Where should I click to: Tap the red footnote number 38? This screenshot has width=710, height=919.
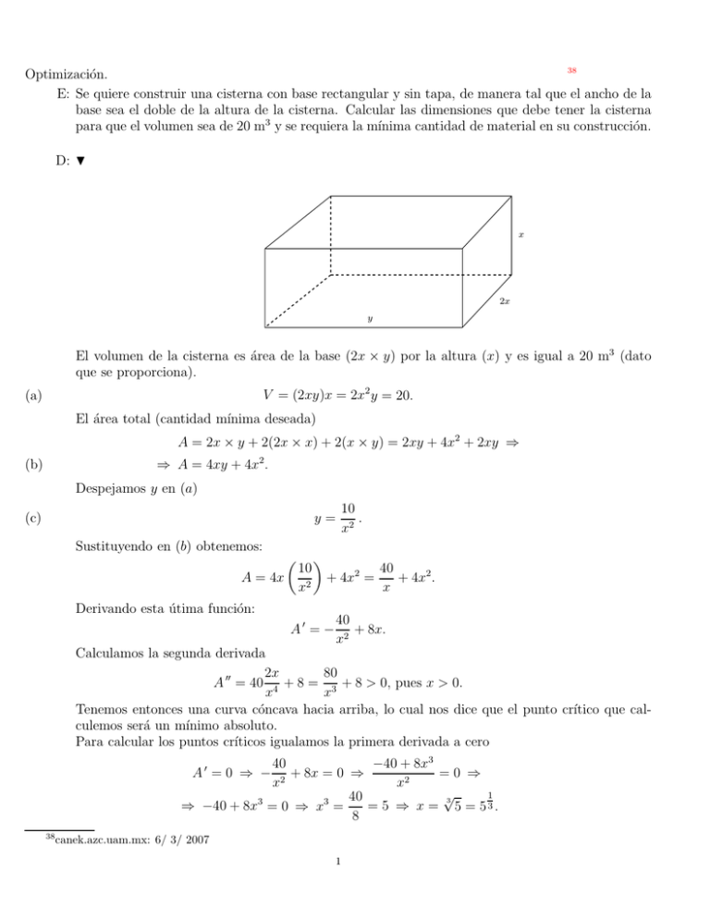(571, 70)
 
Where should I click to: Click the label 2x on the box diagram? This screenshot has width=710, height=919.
(505, 302)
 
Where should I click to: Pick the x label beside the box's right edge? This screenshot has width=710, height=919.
(520, 235)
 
